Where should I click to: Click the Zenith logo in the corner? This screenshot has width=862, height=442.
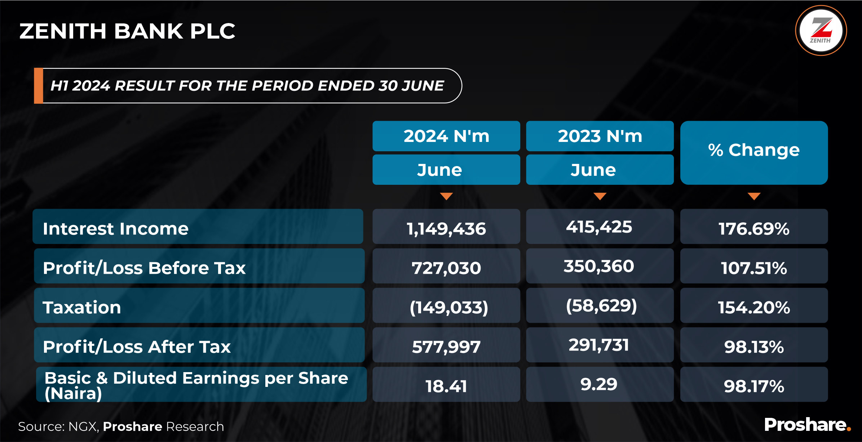(x=821, y=31)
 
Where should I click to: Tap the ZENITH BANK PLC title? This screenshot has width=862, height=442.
(x=127, y=31)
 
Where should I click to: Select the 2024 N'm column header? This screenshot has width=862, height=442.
(x=446, y=136)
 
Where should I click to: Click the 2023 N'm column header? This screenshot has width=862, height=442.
(x=600, y=136)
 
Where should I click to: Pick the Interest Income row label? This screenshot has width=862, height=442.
(x=116, y=228)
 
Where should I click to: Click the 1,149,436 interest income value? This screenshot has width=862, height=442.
(x=446, y=229)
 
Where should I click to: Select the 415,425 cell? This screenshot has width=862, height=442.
(x=599, y=227)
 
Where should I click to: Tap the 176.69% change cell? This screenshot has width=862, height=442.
(x=754, y=229)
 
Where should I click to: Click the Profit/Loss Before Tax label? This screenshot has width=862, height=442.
(x=144, y=268)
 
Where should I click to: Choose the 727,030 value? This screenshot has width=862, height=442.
(x=446, y=268)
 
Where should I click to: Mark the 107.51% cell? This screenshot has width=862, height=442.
(x=754, y=268)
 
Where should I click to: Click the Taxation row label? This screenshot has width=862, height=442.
(x=82, y=307)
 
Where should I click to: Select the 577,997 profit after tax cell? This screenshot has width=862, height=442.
(x=446, y=347)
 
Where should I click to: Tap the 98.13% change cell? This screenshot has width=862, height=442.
(x=754, y=347)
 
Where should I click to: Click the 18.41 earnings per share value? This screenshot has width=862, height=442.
(x=446, y=386)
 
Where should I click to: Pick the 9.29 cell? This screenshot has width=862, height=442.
(x=599, y=384)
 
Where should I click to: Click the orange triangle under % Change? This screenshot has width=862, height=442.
(x=754, y=196)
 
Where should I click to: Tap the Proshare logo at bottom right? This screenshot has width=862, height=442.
(x=807, y=425)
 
